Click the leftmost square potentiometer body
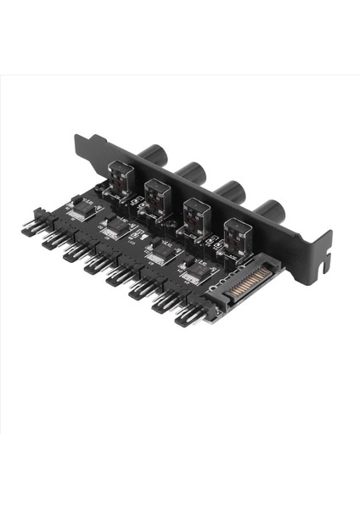tap(122, 182)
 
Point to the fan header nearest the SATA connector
tap(188, 316)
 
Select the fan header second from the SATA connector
tap(164, 301)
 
